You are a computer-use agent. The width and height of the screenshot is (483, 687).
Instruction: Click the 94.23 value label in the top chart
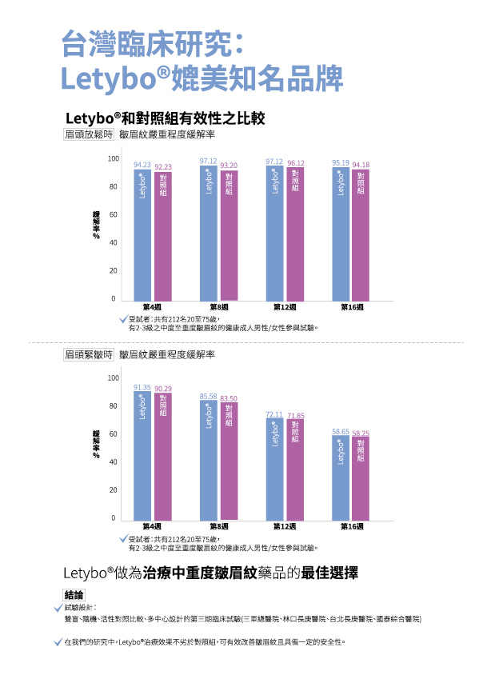142,165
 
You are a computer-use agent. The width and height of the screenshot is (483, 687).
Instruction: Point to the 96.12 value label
296,163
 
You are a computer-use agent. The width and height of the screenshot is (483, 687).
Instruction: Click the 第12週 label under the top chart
285,307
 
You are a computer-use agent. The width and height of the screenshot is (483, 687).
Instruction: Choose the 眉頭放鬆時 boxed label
88,134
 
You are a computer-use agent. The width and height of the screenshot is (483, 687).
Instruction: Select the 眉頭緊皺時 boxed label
88,353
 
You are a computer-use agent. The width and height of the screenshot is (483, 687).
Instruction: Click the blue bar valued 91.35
142,456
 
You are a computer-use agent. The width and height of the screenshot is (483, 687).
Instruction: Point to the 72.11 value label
274,414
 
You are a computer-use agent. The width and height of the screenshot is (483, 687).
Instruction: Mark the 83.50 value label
229,398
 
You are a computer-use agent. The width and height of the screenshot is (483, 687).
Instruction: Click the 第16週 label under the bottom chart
352,526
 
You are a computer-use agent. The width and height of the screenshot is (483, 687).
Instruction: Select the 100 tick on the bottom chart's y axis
113,377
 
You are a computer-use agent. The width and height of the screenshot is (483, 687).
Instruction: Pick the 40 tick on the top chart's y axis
113,242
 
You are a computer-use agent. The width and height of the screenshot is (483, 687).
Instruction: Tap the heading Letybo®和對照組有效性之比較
165,118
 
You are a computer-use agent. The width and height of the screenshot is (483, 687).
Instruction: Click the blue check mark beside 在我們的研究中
58,641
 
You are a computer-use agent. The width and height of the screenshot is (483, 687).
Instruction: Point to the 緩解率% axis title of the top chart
96,225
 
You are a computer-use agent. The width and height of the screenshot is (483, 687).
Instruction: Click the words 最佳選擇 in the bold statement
329,573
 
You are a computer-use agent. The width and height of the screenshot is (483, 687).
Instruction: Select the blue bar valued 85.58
209,461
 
